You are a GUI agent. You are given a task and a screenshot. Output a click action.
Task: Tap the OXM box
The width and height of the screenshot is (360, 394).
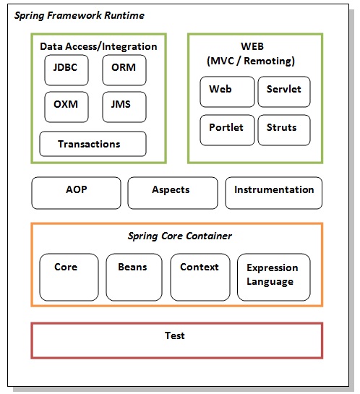[66, 106]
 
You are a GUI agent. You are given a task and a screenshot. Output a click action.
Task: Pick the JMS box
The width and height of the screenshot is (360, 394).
[124, 106]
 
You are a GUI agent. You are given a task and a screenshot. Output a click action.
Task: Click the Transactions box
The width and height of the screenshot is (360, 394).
[92, 144]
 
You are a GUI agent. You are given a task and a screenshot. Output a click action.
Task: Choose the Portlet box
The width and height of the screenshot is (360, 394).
[226, 129]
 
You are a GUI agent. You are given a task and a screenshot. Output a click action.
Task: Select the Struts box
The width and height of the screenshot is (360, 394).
[283, 129]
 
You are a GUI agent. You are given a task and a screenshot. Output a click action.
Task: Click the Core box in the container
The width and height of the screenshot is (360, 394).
[69, 277]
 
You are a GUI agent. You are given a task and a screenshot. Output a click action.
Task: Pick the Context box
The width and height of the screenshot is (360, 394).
[200, 277]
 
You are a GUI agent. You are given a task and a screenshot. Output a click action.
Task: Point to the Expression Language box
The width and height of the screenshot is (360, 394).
[273, 277]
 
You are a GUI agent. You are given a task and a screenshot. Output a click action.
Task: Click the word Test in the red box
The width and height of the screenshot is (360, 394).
[174, 335]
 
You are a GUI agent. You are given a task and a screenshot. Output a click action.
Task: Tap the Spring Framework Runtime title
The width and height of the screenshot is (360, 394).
[80, 15]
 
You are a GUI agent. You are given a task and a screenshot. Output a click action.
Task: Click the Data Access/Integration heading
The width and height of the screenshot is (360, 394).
[98, 46]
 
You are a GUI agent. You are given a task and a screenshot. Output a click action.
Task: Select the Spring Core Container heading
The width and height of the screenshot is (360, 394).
[179, 236]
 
